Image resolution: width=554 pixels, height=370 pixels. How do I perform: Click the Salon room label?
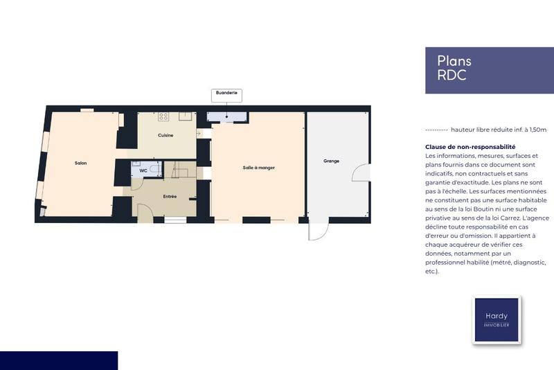click(80, 163)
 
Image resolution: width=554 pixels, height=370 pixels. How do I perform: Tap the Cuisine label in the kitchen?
click(166, 135)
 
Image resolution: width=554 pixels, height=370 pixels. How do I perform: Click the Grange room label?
click(331, 161)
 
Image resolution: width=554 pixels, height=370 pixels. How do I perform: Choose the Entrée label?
click(170, 196)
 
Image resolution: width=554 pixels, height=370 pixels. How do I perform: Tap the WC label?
click(143, 170)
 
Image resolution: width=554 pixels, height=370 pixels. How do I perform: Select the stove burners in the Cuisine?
click(164, 116)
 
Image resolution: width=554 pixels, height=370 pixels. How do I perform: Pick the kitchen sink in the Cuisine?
click(185, 116)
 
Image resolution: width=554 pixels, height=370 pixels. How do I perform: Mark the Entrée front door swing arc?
click(145, 213)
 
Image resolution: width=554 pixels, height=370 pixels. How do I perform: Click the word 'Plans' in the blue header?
click(454, 61)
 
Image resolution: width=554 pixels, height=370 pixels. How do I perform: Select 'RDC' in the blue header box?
click(452, 76)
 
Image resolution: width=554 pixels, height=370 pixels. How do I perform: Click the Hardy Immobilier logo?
click(496, 319)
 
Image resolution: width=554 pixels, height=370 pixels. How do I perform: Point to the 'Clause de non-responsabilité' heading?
click(470, 147)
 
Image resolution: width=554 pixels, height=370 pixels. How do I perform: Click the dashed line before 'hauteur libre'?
click(436, 130)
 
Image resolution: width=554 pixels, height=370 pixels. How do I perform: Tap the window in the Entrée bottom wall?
click(175, 220)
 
